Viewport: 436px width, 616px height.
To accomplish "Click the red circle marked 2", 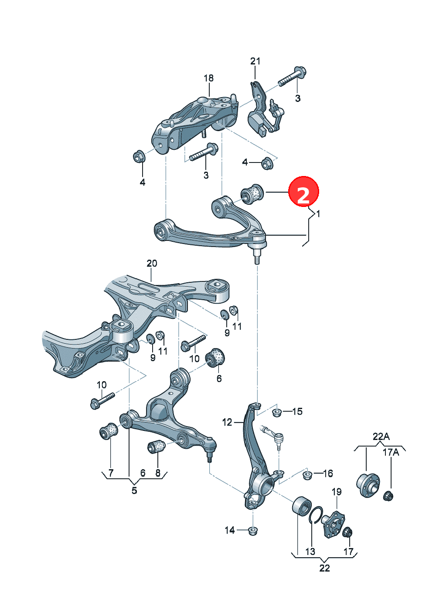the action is (303, 191).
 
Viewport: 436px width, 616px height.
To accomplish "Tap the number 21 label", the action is (255, 61).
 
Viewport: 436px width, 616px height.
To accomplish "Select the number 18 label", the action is (209, 78).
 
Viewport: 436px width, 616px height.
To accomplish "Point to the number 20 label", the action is (152, 263).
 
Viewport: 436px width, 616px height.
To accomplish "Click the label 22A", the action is (381, 436).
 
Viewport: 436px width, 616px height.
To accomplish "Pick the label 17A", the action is (391, 452).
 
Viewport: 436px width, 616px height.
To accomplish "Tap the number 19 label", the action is (337, 491).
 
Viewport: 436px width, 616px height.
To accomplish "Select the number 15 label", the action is (297, 411).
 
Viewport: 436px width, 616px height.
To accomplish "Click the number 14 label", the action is (230, 530).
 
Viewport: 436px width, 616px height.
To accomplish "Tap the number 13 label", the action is (310, 552).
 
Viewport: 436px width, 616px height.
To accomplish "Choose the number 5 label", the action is (134, 490).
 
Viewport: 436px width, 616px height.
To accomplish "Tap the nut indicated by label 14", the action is (252, 531).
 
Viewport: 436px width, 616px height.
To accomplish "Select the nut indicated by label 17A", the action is (388, 496).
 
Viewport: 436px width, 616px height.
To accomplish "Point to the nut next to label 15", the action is (276, 413).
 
